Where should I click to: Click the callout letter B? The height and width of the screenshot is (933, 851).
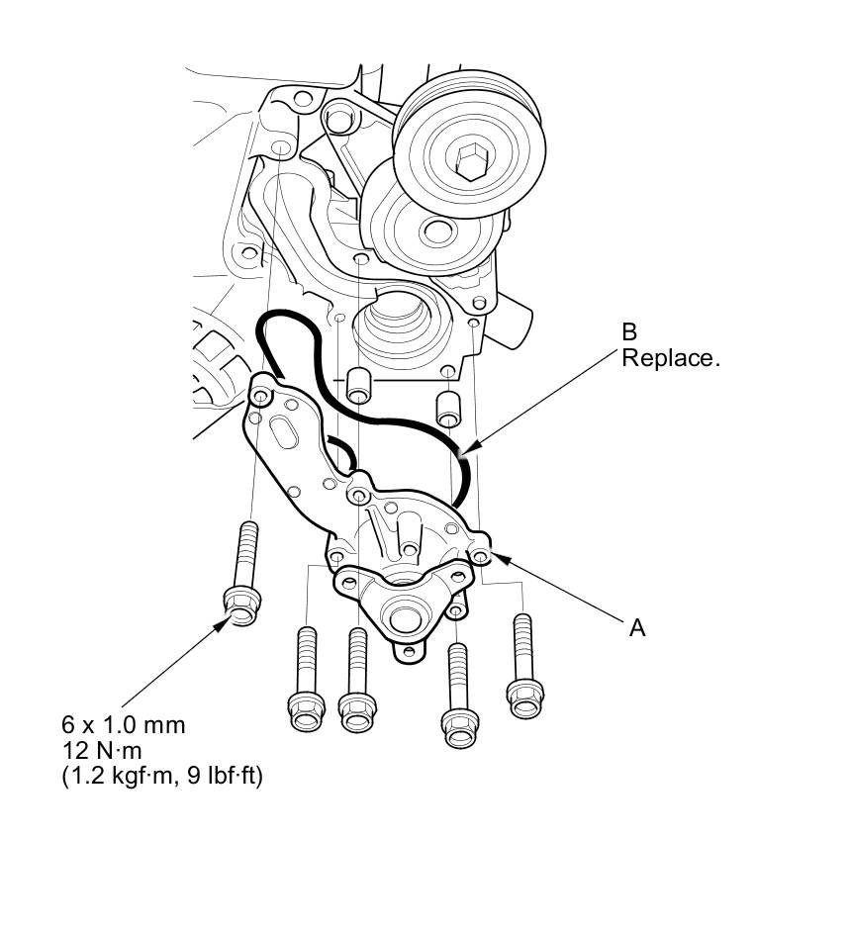click(x=630, y=333)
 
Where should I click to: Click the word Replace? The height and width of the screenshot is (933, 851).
click(x=670, y=358)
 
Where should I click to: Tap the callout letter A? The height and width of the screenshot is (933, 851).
click(x=637, y=626)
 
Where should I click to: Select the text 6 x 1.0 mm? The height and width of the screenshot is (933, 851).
click(x=124, y=725)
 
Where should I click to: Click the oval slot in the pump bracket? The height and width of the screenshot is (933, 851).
click(x=283, y=436)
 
